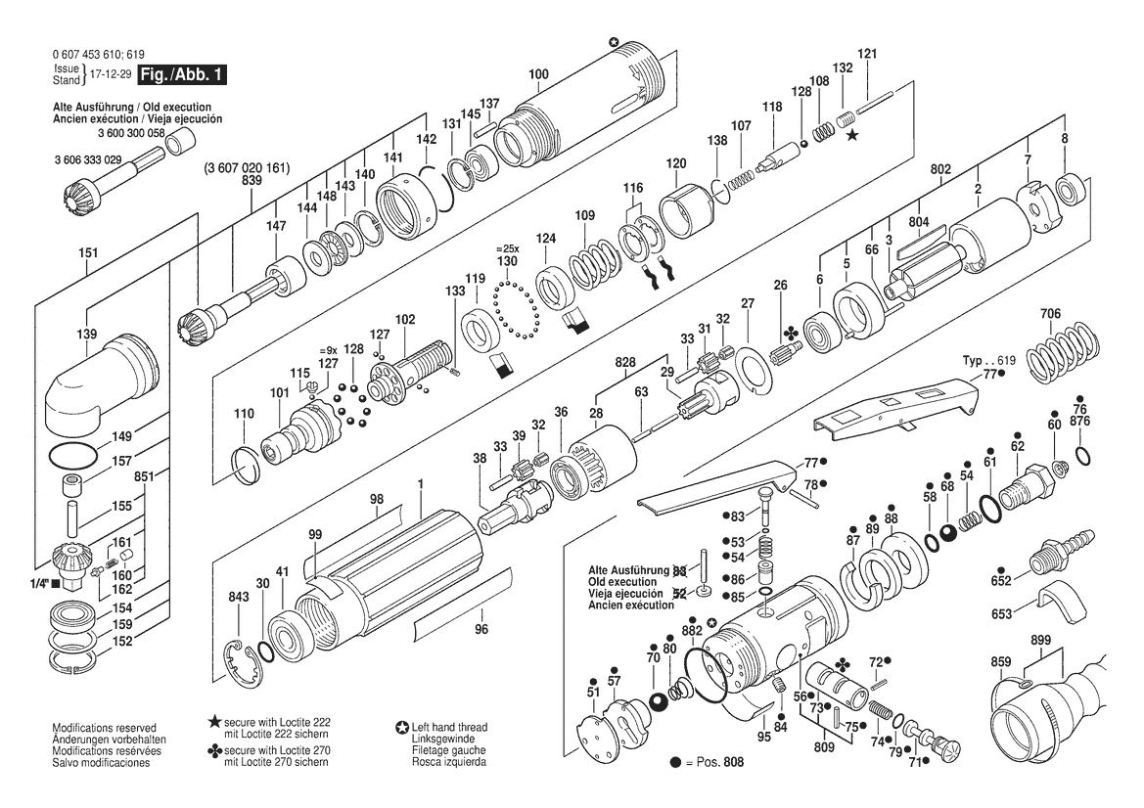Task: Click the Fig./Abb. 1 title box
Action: point(182,74)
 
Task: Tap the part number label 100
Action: point(538,74)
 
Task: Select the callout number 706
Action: point(1051,314)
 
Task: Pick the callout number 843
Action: point(239,597)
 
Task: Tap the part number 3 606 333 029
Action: point(87,159)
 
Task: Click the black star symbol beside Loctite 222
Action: point(214,722)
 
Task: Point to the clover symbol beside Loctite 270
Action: point(214,750)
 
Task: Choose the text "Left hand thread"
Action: point(449,727)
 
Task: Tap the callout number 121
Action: point(867,53)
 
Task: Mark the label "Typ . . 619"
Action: point(988,361)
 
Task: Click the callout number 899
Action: point(1041,641)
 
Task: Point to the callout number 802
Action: point(940,169)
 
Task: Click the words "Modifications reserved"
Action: point(105,728)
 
